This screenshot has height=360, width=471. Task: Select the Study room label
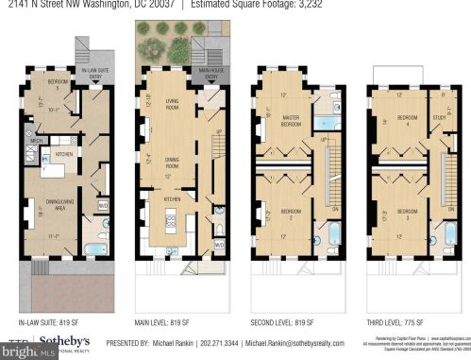(439, 119)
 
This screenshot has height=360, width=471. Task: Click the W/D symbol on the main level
(219, 244)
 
